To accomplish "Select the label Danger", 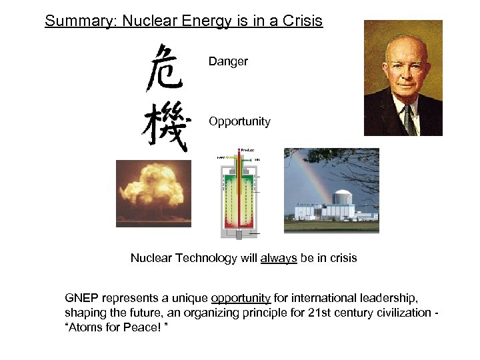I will tap(228, 61).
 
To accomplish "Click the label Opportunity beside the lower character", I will tap(239, 121).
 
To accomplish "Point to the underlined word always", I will tap(279, 258).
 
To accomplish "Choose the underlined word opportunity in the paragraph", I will tap(241, 298).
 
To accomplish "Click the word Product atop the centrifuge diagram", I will tap(247, 150).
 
